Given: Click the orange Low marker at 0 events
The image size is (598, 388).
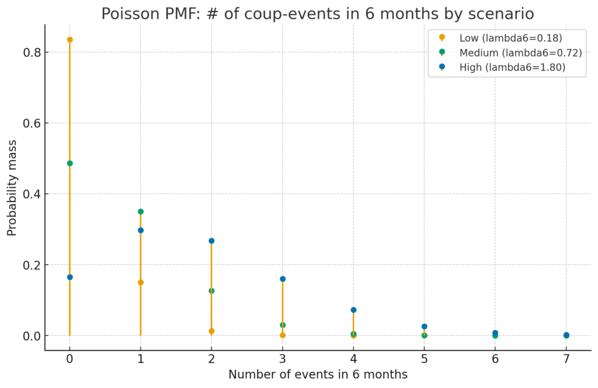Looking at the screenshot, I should tap(69, 40).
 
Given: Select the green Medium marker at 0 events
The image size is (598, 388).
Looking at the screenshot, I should tap(69, 163).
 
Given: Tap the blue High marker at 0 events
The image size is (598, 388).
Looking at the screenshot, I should tap(69, 277).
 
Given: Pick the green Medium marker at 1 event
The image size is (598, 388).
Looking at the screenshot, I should tap(141, 212).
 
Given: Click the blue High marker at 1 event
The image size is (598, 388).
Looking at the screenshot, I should tap(141, 230).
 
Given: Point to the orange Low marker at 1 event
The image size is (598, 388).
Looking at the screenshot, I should tap(141, 282).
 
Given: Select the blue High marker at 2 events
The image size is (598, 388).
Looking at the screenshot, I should tap(211, 241).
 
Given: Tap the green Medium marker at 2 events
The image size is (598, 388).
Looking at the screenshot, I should tap(211, 291).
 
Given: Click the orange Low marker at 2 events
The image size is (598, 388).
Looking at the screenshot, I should tap(211, 331).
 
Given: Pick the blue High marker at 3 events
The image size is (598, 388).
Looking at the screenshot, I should tap(283, 279).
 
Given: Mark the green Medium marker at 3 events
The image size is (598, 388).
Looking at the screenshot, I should tap(283, 325).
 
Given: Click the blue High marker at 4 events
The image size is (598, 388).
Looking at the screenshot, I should tap(353, 310).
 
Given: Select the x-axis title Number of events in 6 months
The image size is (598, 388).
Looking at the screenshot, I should tap(318, 375).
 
